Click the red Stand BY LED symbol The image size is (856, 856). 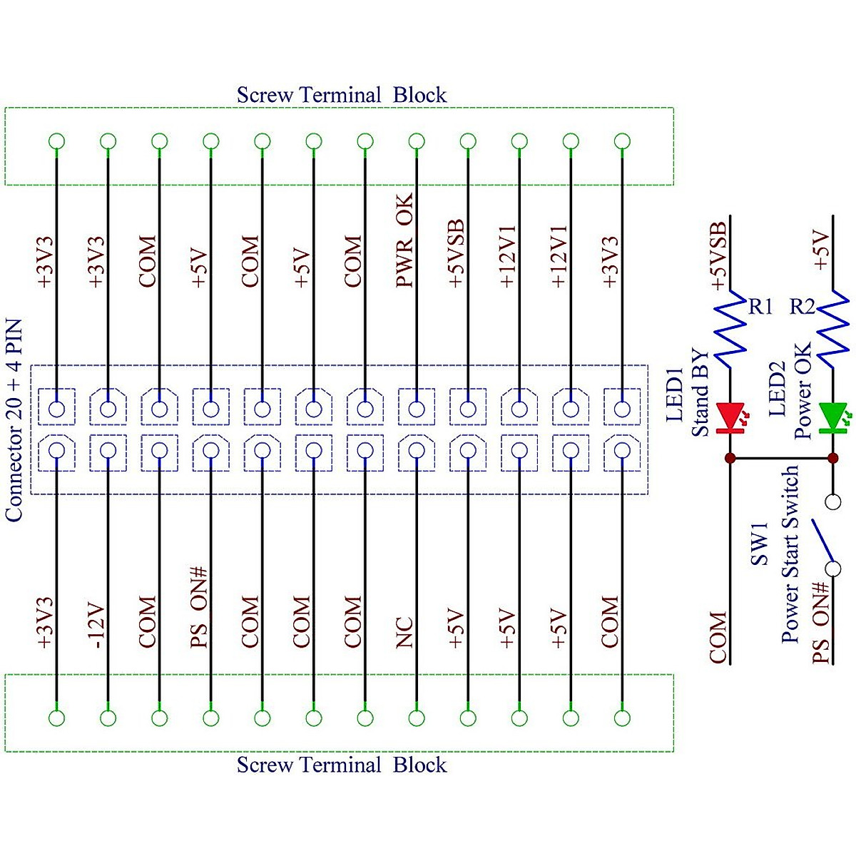point(730,418)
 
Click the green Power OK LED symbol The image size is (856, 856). point(832,418)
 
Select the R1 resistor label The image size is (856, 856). point(760,307)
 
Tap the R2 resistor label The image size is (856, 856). point(802,307)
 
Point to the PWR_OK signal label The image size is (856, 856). point(404,240)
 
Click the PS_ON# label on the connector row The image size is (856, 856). point(199,607)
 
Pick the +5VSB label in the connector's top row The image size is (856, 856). point(456,254)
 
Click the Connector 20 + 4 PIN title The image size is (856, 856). point(14,421)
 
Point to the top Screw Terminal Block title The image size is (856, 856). point(341,95)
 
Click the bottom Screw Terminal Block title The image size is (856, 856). point(341,765)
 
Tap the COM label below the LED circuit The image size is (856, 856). point(718,637)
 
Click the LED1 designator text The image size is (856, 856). point(675,394)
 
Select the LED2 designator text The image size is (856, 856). point(778,389)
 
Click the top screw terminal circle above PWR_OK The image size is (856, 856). point(417,141)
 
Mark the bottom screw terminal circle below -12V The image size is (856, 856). point(108,718)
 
